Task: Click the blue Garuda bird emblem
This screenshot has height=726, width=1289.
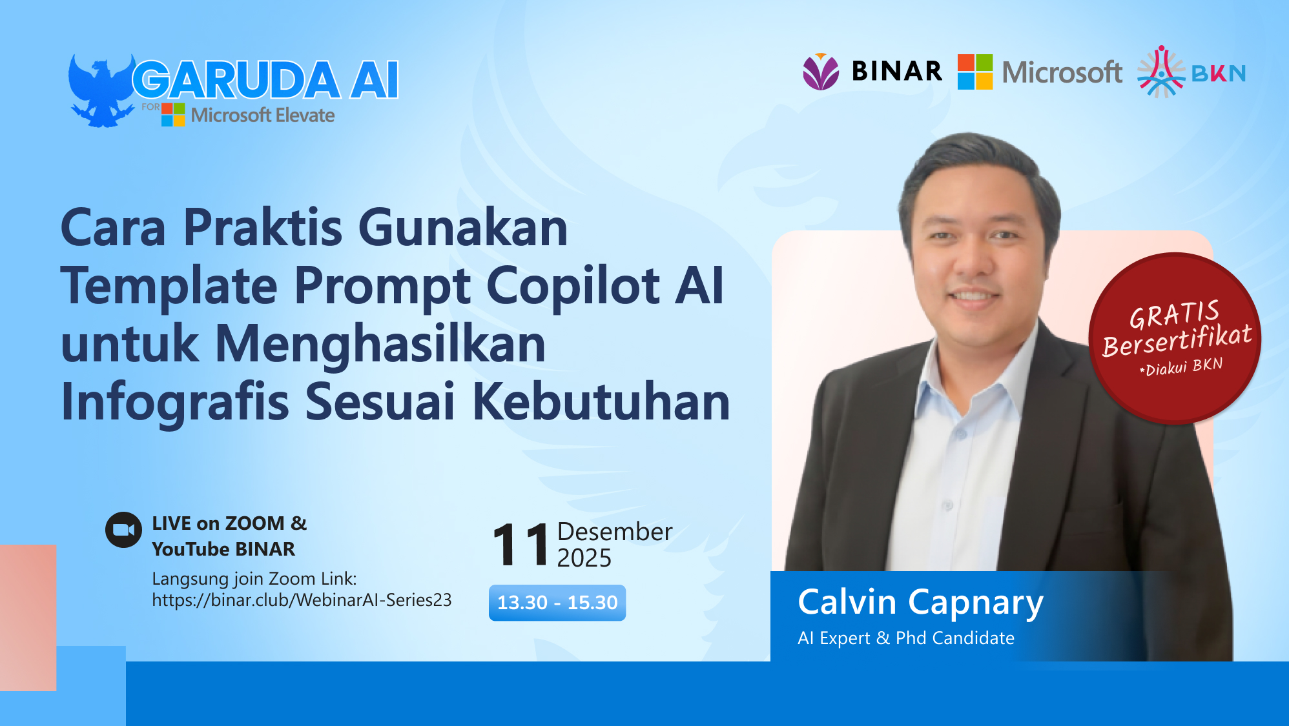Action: click(x=100, y=90)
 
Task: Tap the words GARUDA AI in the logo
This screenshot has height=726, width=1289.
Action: click(x=265, y=81)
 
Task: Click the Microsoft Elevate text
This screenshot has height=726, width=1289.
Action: click(x=263, y=116)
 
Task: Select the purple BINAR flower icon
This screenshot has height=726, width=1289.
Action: click(x=821, y=72)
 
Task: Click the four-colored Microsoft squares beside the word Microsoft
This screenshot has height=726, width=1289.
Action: click(x=974, y=72)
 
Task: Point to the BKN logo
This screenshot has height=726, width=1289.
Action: click(x=1191, y=72)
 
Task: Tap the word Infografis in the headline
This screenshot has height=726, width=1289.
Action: click(x=174, y=401)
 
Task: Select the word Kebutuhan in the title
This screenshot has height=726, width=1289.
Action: click(x=601, y=401)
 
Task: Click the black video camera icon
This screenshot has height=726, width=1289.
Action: click(x=123, y=530)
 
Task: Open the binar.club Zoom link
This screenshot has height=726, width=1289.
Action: click(x=302, y=600)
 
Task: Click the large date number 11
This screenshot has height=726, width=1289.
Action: click(x=521, y=546)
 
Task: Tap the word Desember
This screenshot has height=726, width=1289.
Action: click(x=614, y=532)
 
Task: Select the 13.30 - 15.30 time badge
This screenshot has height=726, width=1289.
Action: click(x=557, y=603)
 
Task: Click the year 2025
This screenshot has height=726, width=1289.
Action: click(x=584, y=558)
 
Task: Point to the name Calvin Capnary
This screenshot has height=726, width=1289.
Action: click(x=920, y=602)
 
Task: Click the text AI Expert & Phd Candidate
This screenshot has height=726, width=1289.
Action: click(x=906, y=638)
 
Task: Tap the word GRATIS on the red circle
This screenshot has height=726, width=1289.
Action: click(x=1174, y=314)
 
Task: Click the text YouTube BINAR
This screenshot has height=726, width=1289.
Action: click(x=223, y=549)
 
